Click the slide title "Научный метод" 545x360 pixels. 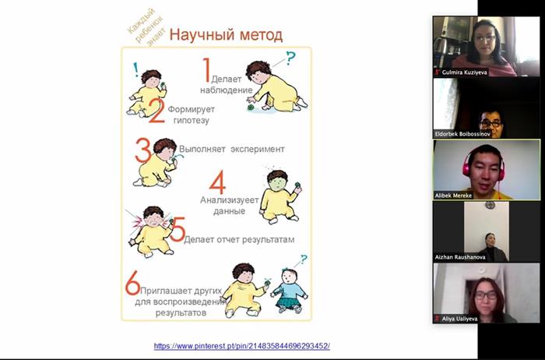226,35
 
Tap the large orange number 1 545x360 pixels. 207,70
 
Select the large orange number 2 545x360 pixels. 156,111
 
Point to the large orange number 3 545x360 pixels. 142,150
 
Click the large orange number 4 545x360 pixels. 217,182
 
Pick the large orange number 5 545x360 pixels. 178,229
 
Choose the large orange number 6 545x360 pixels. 132,283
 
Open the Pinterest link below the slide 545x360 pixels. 242,346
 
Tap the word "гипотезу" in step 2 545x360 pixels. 192,120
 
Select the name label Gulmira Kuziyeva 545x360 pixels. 464,72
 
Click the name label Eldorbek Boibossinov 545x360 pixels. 462,134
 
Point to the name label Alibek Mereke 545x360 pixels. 453,196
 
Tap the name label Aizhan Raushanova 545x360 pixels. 460,257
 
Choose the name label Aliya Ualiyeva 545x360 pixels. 459,319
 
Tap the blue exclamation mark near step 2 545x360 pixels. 135,69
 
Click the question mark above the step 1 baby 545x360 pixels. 290,58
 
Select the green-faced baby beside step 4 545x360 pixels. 280,196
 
